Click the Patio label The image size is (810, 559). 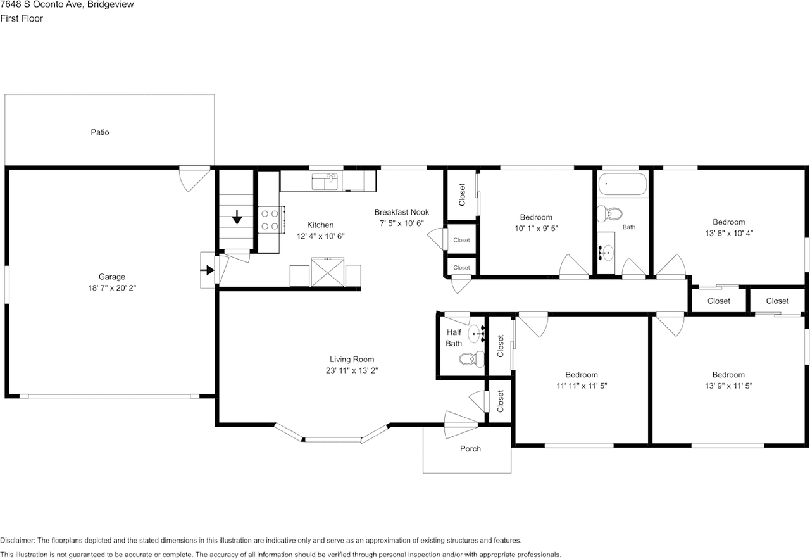tap(100, 132)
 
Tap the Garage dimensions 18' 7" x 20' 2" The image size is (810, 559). tap(112, 288)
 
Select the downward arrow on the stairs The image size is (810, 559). tap(237, 217)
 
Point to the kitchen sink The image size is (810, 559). tap(325, 181)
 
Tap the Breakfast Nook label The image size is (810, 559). tap(401, 212)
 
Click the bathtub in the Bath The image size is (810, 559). tap(622, 184)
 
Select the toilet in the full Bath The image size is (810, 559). tap(609, 213)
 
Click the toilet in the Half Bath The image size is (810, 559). tap(472, 359)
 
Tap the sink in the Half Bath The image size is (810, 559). tap(477, 334)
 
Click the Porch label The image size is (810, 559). tap(470, 449)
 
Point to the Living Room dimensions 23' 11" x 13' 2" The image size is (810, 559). tap(352, 370)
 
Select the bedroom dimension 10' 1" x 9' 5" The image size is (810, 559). tap(536, 229)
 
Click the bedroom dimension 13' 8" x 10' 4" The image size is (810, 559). tap(729, 234)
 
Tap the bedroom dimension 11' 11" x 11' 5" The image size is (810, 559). tap(582, 386)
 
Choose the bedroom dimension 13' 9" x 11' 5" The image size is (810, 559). tap(728, 386)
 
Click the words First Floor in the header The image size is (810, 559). tap(22, 18)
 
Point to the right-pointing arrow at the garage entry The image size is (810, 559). tap(207, 270)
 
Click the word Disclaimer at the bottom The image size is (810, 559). tap(17, 540)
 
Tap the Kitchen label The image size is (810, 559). tap(320, 225)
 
